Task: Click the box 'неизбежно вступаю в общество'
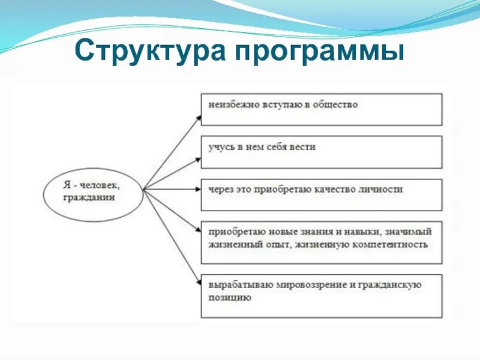tap(321, 109)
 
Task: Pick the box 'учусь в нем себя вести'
tap(321, 152)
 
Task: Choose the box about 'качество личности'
tap(321, 194)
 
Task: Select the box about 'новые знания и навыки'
tap(321, 242)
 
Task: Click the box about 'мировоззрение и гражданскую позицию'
tap(321, 296)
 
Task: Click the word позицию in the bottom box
tap(230, 297)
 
